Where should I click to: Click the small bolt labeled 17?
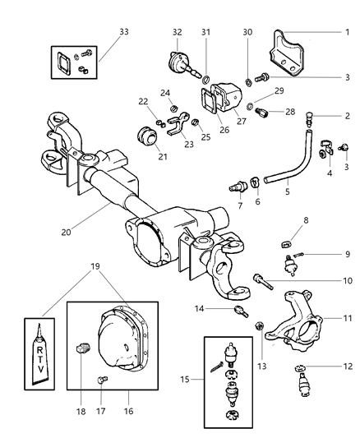tap(100, 380)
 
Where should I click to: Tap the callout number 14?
tap(200, 309)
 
